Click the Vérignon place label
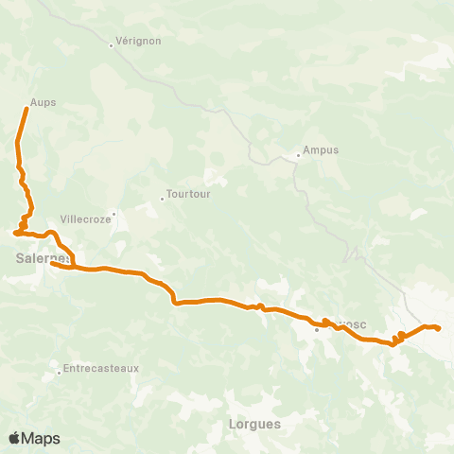click(138, 42)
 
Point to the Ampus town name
click(320, 150)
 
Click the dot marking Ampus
click(298, 154)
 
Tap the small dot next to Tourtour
click(162, 199)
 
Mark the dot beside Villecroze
click(112, 215)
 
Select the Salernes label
click(42, 256)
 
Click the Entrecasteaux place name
click(100, 368)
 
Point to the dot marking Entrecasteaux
click(59, 371)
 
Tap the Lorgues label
click(254, 424)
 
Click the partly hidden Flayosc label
click(350, 324)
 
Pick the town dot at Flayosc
click(317, 330)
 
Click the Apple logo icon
click(14, 438)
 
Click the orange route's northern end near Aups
click(26, 111)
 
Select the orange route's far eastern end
click(439, 328)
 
